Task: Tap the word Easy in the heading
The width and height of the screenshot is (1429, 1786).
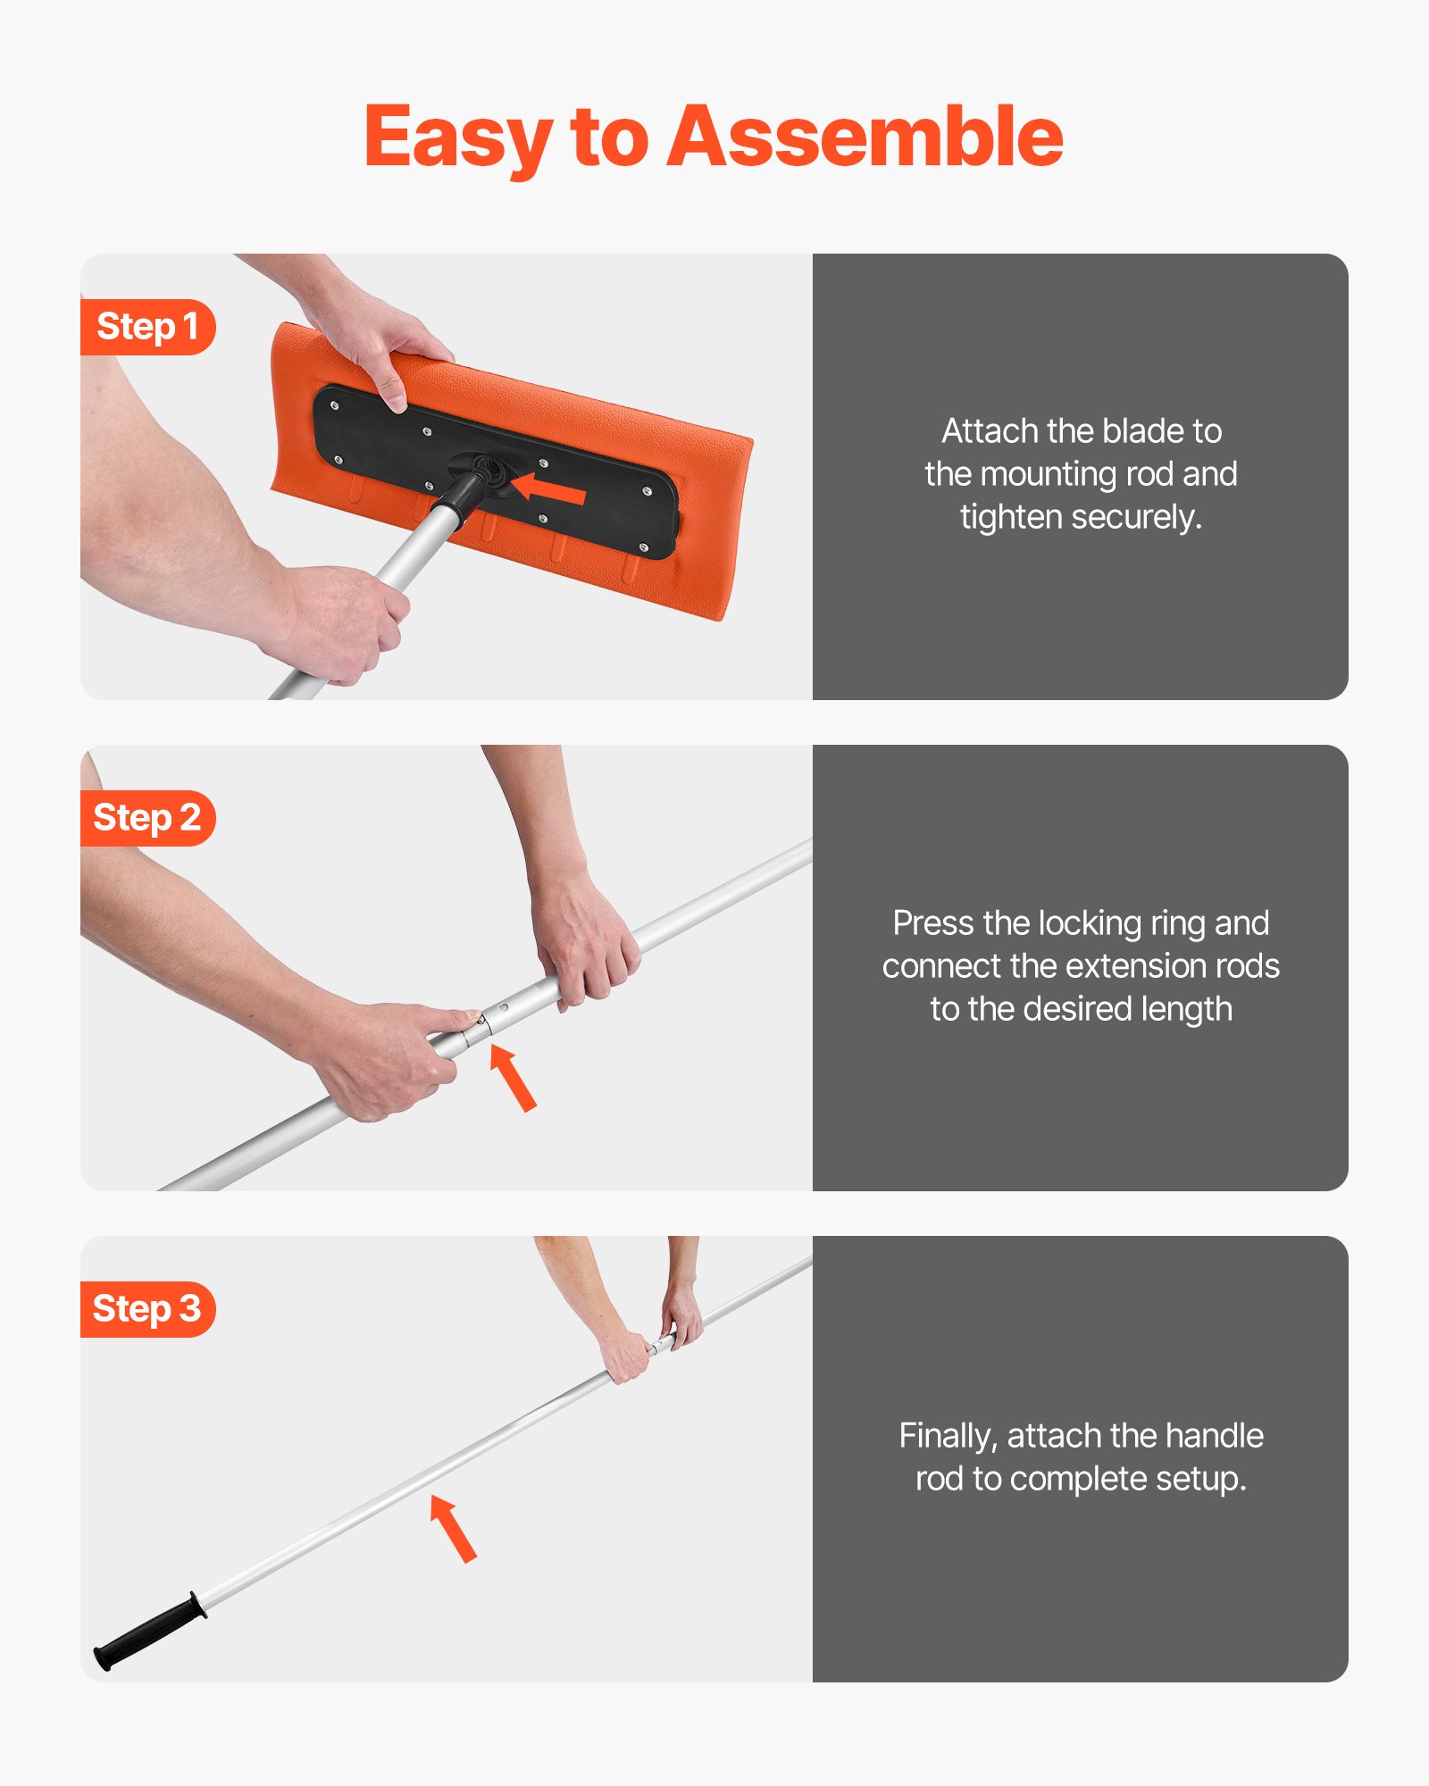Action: pyautogui.click(x=457, y=138)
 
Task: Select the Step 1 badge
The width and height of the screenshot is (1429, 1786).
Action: pyautogui.click(x=147, y=327)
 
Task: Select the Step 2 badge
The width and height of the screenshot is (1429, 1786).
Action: pyautogui.click(x=147, y=818)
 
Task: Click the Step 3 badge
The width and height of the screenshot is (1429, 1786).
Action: pyautogui.click(x=147, y=1309)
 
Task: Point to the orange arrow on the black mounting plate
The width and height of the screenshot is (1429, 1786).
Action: pyautogui.click(x=548, y=488)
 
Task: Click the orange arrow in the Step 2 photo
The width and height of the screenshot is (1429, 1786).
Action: pyautogui.click(x=513, y=1077)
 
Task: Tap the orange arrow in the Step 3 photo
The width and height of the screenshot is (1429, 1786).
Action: pyautogui.click(x=453, y=1528)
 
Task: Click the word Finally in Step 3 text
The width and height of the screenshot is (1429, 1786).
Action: pyautogui.click(x=948, y=1436)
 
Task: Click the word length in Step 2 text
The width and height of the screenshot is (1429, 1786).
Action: pyautogui.click(x=1189, y=1009)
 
